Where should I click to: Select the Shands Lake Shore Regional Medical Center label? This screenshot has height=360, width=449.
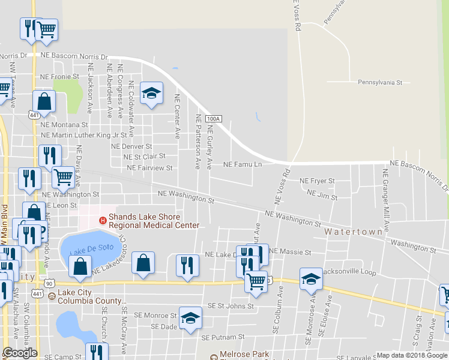tap(154, 220)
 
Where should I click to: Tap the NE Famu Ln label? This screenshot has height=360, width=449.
tap(243, 164)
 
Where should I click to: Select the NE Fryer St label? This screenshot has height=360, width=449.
tap(317, 181)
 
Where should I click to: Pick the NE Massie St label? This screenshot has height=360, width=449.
tap(291, 252)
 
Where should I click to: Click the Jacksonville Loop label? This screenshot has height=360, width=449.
tap(349, 272)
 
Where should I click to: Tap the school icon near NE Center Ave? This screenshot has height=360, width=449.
tap(152, 93)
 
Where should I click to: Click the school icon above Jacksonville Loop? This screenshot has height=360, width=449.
tap(311, 278)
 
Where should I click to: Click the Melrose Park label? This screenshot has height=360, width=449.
tap(244, 355)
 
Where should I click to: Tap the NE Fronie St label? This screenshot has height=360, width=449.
tap(59, 77)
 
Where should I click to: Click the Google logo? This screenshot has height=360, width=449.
tap(20, 353)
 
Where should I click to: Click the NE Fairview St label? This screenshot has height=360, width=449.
tap(149, 169)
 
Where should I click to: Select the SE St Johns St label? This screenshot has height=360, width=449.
tap(231, 306)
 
